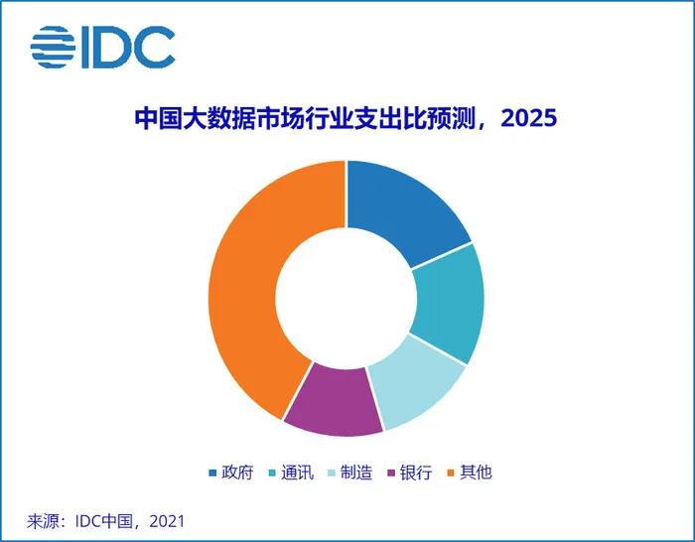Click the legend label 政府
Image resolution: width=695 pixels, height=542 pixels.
click(237, 473)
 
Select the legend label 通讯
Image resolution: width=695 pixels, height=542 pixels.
click(297, 473)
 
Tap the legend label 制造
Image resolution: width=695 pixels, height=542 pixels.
click(355, 473)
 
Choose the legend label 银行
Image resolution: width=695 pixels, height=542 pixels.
click(416, 473)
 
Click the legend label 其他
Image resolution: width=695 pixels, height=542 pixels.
click(476, 473)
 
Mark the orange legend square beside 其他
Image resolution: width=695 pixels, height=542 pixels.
click(451, 473)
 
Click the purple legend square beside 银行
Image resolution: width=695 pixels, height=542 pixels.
click(391, 473)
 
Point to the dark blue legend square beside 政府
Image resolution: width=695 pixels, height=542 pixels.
click(212, 473)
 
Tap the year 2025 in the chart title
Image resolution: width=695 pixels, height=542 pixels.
click(528, 118)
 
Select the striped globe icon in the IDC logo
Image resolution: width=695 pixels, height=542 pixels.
click(53, 47)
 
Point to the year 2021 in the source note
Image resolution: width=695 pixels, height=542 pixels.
click(167, 521)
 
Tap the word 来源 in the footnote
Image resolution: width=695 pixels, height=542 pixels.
click(43, 521)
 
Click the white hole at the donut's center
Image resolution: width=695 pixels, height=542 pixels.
click(347, 298)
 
